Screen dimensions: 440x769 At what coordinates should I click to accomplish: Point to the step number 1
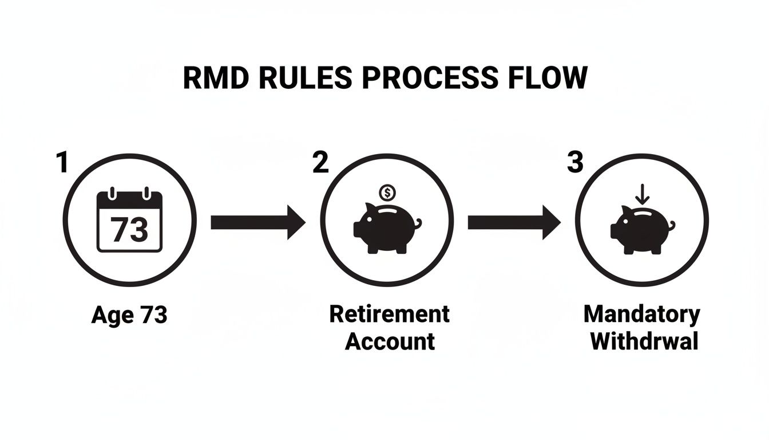tap(62, 163)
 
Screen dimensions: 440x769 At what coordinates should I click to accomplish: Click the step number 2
tap(321, 163)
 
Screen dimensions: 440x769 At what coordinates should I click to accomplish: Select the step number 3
tap(575, 163)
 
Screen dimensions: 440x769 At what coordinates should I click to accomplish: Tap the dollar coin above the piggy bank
tap(387, 192)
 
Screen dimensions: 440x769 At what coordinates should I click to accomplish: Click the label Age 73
tap(129, 315)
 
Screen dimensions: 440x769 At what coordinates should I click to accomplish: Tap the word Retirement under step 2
tap(390, 314)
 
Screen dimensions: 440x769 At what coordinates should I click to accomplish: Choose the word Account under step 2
tap(390, 341)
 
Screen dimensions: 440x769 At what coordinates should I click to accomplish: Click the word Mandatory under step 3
tap(642, 314)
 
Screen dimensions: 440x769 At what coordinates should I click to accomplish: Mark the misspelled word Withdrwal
tap(644, 341)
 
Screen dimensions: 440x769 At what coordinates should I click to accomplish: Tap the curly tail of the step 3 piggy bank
tap(671, 225)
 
